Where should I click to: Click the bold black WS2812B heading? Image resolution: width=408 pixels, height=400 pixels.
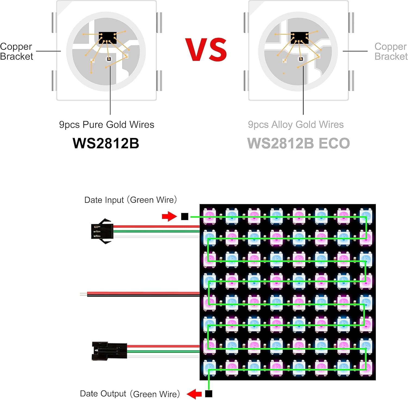[x=106, y=143]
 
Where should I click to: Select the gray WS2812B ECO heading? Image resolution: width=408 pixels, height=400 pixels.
[x=298, y=143]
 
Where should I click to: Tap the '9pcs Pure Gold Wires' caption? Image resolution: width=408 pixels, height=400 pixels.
[x=107, y=125]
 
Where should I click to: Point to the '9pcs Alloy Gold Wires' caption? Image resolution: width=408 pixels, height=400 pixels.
[x=296, y=125]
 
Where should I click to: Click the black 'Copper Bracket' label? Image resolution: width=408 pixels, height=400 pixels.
[x=16, y=51]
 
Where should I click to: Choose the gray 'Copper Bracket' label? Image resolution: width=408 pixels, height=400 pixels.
[x=391, y=51]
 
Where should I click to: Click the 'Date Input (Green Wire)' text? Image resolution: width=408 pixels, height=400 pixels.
[x=131, y=200]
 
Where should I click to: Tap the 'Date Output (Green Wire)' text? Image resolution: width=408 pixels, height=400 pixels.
[x=130, y=394]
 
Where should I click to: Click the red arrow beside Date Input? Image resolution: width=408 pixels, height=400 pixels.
[x=169, y=216]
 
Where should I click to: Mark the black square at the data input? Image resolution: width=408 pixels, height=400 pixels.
[x=185, y=216]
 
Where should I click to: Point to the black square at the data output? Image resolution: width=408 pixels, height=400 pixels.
[x=209, y=394]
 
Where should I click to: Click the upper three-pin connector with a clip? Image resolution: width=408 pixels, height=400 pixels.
[x=102, y=231]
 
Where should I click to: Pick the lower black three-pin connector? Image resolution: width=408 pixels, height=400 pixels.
[x=109, y=351]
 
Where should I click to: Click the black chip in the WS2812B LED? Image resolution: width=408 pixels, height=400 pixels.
[x=108, y=38]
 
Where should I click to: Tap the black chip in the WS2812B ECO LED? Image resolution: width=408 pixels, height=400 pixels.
[x=299, y=38]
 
